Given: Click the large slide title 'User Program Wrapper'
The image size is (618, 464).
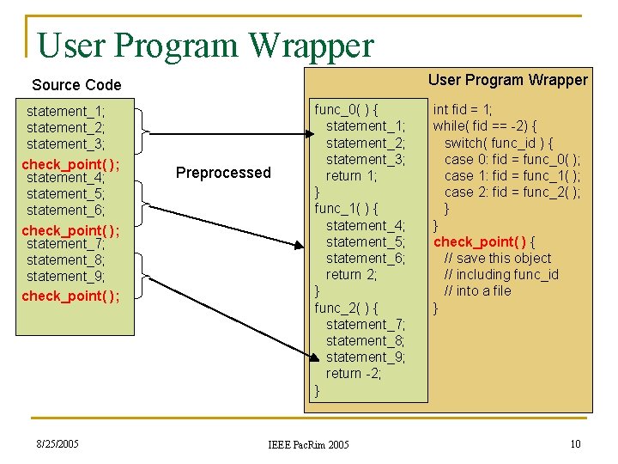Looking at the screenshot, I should [206, 44].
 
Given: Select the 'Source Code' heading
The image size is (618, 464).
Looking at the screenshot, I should [76, 85].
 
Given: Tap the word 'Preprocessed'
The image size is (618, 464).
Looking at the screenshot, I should [223, 173].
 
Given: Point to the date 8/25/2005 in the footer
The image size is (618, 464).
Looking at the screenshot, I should [57, 443].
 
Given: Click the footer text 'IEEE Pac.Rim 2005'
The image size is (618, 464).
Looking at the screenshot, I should [308, 444].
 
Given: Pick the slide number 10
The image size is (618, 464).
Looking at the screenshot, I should [575, 443].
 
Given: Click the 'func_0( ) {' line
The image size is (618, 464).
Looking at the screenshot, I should [348, 110].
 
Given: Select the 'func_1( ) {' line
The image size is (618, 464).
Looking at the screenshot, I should [348, 209].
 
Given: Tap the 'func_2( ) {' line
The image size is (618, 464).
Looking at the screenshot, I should [348, 308].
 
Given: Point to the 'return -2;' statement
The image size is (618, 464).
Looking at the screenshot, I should [354, 373].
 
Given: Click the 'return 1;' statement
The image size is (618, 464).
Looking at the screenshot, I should [349, 175].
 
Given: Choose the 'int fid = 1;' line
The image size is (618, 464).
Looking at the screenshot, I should [463, 110].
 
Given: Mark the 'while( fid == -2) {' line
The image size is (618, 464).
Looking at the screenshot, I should [485, 126].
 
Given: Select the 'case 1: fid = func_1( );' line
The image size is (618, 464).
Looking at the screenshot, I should [512, 175].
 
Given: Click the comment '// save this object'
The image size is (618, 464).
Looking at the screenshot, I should [498, 258].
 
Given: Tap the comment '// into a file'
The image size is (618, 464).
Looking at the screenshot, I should [477, 290].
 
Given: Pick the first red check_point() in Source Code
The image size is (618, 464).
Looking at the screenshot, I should [70, 164].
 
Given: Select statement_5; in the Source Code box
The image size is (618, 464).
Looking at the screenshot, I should [65, 194].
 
